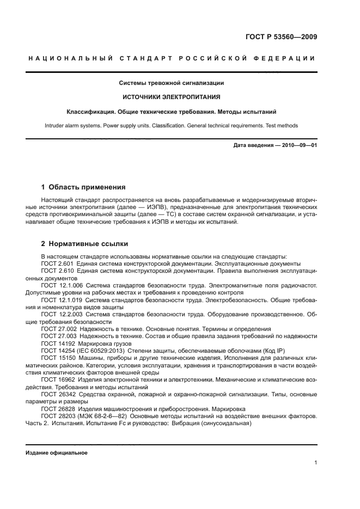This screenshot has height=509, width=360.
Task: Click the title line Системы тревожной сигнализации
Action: point(172,83)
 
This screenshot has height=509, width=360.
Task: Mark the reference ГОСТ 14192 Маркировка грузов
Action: point(84,344)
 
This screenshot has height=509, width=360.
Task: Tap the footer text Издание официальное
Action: point(57,452)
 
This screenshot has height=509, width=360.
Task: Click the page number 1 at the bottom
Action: point(315,463)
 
